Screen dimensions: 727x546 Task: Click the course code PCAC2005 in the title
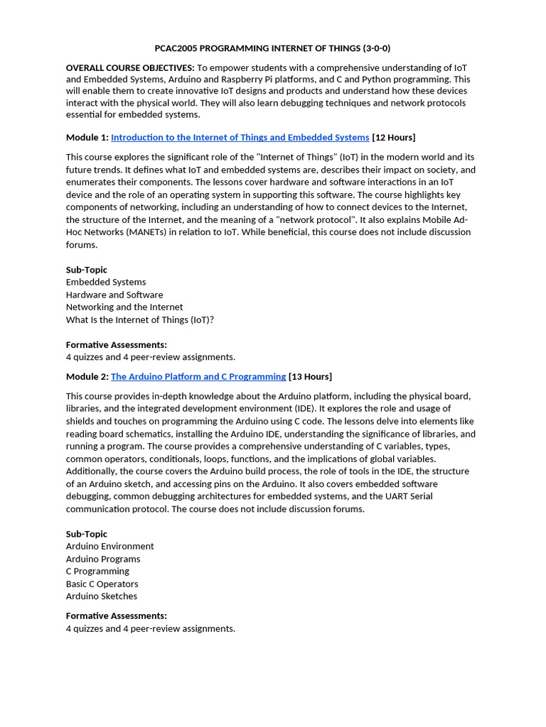(x=176, y=48)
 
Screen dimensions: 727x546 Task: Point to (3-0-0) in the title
(x=376, y=48)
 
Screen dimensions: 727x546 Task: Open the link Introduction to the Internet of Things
(x=240, y=137)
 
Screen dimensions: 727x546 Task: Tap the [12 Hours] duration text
(x=393, y=137)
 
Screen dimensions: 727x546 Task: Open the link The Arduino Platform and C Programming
(x=198, y=376)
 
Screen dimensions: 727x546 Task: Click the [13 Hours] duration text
(x=310, y=376)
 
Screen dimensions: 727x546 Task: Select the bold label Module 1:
(x=87, y=137)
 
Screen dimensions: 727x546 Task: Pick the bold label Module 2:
(x=87, y=376)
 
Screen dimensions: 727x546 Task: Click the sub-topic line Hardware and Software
(x=114, y=295)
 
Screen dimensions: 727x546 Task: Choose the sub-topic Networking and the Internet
(x=124, y=307)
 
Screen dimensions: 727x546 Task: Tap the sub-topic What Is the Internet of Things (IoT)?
(x=140, y=319)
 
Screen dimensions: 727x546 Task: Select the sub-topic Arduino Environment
(x=109, y=546)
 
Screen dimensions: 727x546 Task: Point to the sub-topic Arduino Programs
(x=103, y=559)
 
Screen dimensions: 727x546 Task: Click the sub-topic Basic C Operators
(x=102, y=584)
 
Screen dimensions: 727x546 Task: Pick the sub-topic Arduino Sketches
(x=102, y=596)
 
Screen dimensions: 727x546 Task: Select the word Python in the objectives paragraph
(x=383, y=80)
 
